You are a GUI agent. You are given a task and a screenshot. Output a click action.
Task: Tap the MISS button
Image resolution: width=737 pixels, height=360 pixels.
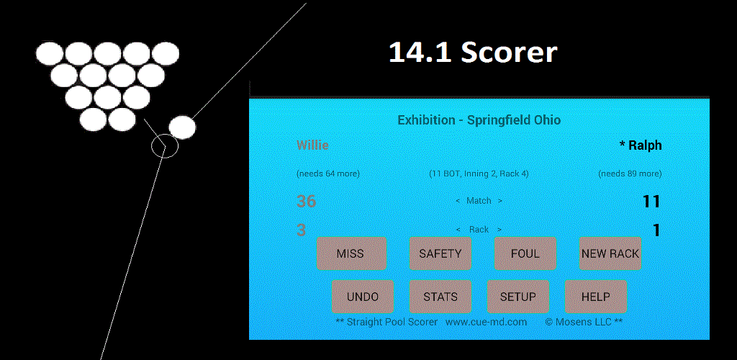click(x=351, y=253)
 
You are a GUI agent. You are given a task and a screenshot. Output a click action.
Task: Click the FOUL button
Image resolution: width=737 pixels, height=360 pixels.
click(x=525, y=253)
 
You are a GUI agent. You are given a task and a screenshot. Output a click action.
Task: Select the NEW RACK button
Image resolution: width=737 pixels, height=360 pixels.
click(x=610, y=253)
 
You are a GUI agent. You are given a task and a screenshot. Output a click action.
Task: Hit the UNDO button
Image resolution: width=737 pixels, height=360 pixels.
click(x=362, y=297)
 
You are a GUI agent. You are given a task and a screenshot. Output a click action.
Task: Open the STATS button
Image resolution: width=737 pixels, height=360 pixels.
click(x=440, y=297)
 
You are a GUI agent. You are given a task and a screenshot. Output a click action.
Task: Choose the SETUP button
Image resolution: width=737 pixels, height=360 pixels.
click(x=517, y=297)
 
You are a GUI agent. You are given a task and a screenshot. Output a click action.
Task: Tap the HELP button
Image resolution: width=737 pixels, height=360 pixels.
click(x=595, y=297)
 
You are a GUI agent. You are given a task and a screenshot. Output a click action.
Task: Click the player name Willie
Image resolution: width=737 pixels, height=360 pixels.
click(x=312, y=145)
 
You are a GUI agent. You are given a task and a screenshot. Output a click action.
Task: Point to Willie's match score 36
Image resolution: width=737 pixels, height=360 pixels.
click(x=307, y=202)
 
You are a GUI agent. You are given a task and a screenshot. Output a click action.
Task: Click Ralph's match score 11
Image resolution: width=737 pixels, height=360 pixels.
click(x=651, y=202)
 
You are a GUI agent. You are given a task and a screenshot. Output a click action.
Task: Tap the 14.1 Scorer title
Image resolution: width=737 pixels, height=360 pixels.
click(x=473, y=53)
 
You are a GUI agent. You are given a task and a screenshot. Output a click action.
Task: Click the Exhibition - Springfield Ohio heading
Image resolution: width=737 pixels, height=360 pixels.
click(x=479, y=120)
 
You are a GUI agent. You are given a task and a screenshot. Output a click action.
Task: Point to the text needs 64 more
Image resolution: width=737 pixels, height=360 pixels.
click(x=328, y=174)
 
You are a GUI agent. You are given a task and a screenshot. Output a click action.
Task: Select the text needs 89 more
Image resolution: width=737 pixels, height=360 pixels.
click(x=630, y=174)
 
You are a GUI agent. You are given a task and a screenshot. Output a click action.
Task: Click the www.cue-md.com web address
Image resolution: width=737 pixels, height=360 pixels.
click(x=486, y=322)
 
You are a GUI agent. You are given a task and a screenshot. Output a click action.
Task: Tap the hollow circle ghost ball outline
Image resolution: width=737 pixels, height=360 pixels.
click(x=164, y=146)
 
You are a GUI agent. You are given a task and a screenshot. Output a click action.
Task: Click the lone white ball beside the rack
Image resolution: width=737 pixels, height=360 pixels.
click(x=182, y=127)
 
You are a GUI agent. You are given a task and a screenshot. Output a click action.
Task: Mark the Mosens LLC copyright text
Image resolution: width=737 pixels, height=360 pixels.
click(x=584, y=322)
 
